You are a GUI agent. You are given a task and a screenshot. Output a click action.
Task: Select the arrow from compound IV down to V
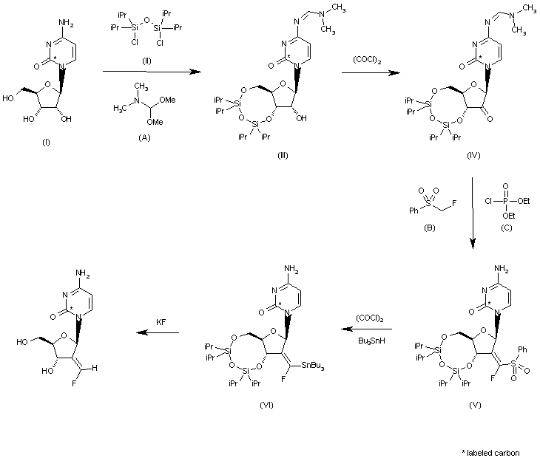472,211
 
